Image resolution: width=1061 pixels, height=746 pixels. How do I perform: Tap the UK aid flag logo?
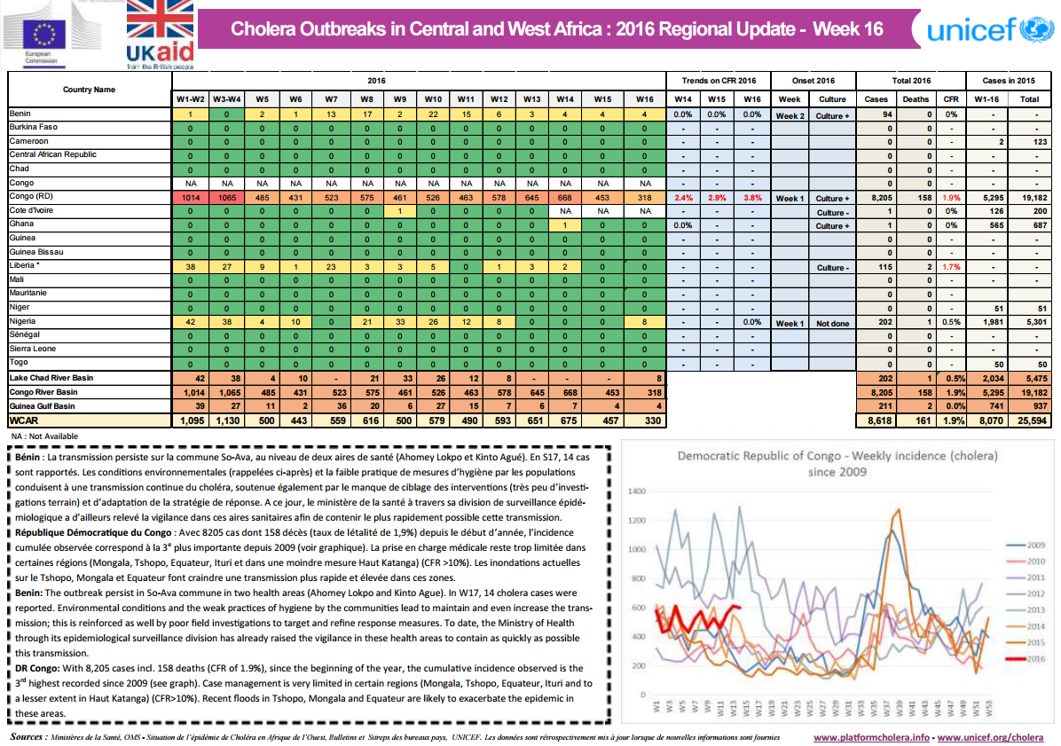pyautogui.click(x=160, y=32)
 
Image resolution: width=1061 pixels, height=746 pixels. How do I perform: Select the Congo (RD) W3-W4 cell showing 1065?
pyautogui.click(x=226, y=197)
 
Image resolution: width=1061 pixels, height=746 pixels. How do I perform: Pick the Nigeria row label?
pyautogui.click(x=23, y=321)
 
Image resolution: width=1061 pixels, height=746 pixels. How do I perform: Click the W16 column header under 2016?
pyautogui.click(x=645, y=99)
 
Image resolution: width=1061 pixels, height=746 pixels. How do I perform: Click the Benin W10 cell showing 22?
pyautogui.click(x=433, y=114)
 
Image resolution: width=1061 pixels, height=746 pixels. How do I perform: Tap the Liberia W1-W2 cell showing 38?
pyautogui.click(x=190, y=267)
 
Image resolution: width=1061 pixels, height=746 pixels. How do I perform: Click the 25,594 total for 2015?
pyautogui.click(x=1029, y=420)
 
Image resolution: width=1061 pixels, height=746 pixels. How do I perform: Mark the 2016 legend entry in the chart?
pyautogui.click(x=1031, y=657)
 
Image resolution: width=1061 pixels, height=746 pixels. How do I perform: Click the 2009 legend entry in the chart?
pyautogui.click(x=1031, y=545)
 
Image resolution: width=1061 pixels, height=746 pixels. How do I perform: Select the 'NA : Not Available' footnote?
pyautogui.click(x=44, y=436)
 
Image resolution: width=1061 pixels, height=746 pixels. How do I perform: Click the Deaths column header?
pyautogui.click(x=916, y=99)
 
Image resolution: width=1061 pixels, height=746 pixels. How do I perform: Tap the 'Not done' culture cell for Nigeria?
pyautogui.click(x=832, y=323)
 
